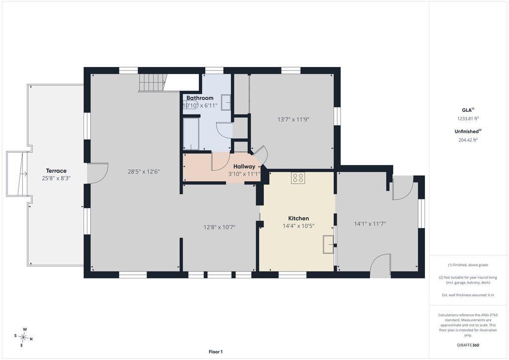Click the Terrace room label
[x=56, y=171]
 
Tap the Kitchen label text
[x=298, y=218]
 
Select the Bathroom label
[x=200, y=98]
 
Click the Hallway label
[x=244, y=167]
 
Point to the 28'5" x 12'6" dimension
[x=144, y=172]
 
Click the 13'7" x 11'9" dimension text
[x=293, y=119]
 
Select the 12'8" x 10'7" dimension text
[x=219, y=227]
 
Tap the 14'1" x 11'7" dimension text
[x=370, y=224]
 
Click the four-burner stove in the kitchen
[x=298, y=178]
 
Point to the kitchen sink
[x=328, y=245]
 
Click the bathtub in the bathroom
[x=191, y=134]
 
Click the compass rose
[x=24, y=338]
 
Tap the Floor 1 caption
[x=216, y=352]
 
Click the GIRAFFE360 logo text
[x=468, y=345]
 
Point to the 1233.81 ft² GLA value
[x=468, y=118]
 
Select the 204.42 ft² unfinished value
[x=468, y=140]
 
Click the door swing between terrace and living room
[x=97, y=174]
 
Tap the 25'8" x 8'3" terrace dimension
[x=56, y=178]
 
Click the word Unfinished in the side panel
[x=466, y=131]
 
